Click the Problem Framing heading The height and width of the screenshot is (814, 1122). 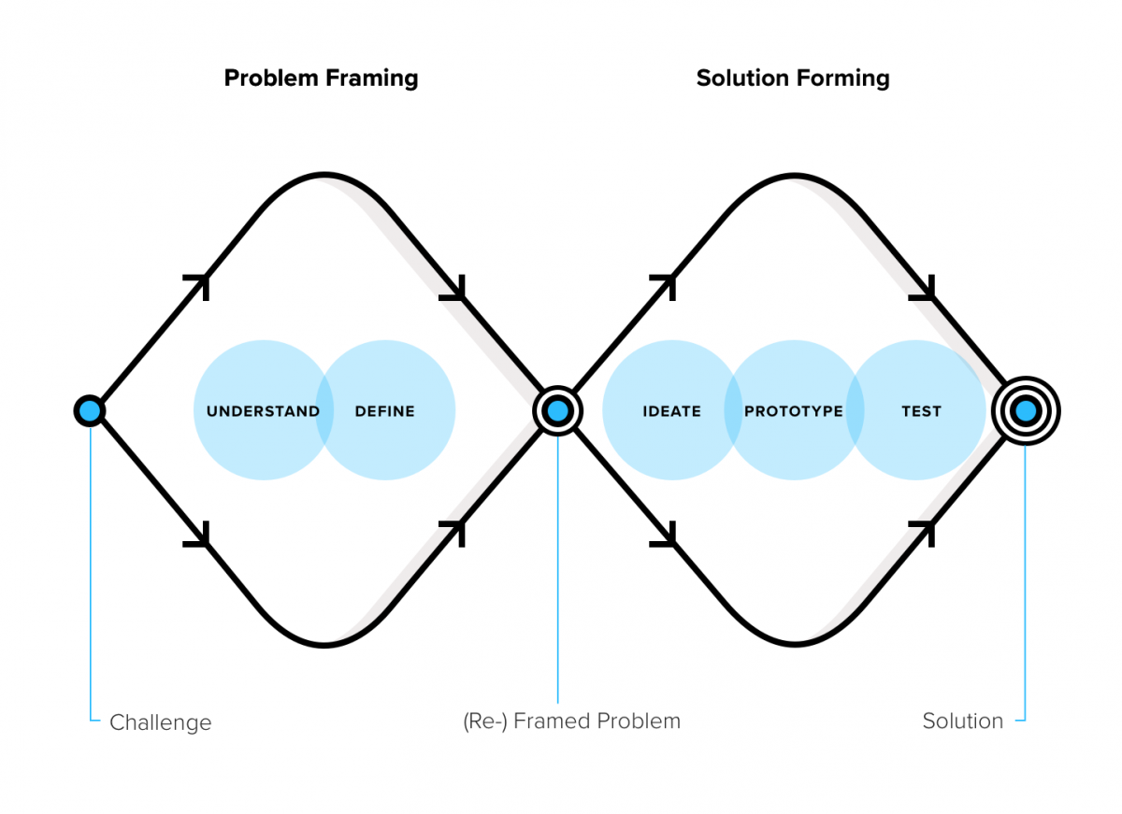(321, 78)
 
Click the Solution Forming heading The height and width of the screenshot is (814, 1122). (793, 78)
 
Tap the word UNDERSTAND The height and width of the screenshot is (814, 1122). (263, 411)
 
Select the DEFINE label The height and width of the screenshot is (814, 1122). (384, 411)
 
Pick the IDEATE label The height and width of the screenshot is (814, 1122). (671, 411)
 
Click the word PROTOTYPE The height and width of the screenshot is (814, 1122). (793, 411)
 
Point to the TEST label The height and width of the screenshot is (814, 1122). (921, 411)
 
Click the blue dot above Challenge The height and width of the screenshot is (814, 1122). (90, 410)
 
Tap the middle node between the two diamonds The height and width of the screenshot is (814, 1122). (557, 410)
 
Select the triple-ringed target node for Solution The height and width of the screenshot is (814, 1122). (1026, 410)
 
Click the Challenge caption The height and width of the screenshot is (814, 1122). (160, 722)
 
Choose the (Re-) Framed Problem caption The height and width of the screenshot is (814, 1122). (571, 721)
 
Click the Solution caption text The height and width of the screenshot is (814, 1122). (962, 721)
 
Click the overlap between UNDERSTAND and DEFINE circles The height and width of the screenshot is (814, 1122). (324, 411)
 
